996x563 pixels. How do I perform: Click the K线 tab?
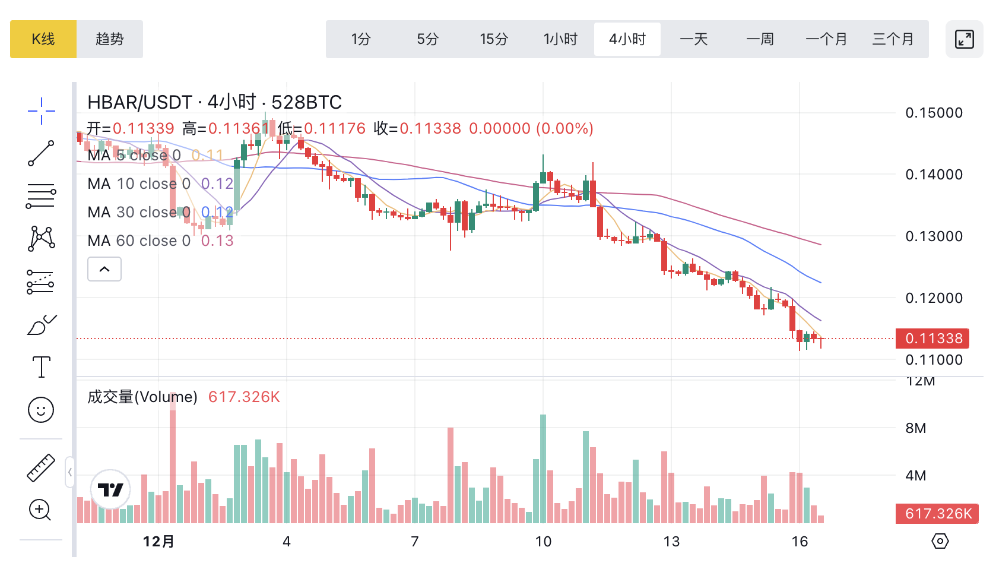(x=43, y=39)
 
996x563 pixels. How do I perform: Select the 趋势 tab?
(x=110, y=39)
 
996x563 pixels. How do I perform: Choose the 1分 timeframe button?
(x=361, y=39)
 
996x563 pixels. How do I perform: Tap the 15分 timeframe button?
(x=494, y=39)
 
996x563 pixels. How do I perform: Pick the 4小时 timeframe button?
(x=627, y=39)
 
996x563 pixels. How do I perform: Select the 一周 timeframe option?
(x=760, y=39)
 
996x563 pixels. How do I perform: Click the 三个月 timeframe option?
(x=893, y=39)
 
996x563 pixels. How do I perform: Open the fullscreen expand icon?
(x=965, y=39)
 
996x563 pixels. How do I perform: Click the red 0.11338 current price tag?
(x=933, y=339)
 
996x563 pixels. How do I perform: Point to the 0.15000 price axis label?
(x=934, y=113)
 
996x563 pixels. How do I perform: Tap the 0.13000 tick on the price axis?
(x=934, y=236)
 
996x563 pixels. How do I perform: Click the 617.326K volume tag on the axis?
(x=938, y=514)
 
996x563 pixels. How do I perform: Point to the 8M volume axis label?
(x=916, y=428)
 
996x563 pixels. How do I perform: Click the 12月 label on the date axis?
(x=158, y=542)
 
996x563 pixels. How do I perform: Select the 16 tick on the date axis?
(x=800, y=542)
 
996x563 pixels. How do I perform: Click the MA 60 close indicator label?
(x=139, y=241)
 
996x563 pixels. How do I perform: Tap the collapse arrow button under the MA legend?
(x=104, y=269)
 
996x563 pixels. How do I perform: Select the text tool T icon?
(x=41, y=367)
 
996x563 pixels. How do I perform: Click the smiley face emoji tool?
(x=41, y=410)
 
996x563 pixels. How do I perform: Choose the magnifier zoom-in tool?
(x=40, y=510)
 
